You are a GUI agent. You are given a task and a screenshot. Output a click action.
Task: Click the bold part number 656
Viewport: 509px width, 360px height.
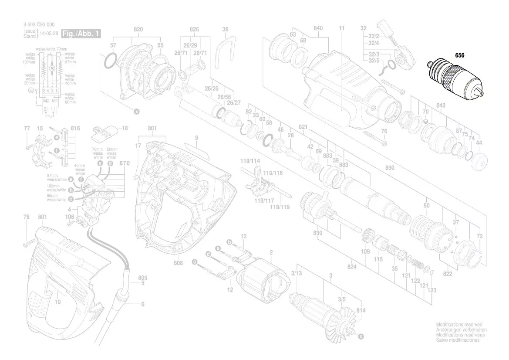[x=460, y=55]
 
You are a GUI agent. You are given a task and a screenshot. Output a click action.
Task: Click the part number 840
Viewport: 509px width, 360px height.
[x=318, y=29]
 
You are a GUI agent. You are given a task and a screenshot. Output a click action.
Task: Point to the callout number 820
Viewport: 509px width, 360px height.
[x=138, y=29]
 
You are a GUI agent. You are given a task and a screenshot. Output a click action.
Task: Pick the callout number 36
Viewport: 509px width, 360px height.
[x=225, y=29]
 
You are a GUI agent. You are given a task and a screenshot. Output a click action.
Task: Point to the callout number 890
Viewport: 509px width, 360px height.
[x=390, y=167]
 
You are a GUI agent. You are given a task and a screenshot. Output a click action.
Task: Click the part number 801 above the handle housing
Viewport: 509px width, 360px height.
[x=43, y=217]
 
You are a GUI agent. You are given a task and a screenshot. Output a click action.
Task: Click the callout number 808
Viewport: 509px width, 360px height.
[x=178, y=263]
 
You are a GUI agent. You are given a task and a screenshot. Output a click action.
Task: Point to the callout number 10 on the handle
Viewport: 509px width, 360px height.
[x=58, y=302]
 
